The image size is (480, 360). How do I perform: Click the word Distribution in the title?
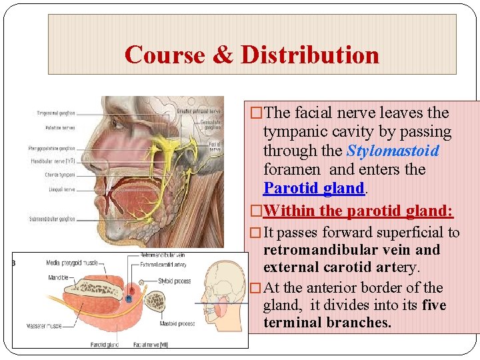310,54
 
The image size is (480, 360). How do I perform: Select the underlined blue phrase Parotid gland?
314,188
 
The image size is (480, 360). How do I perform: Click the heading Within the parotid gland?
358,211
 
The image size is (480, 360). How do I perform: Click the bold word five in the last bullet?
433,305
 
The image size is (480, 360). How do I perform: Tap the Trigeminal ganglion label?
57,113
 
